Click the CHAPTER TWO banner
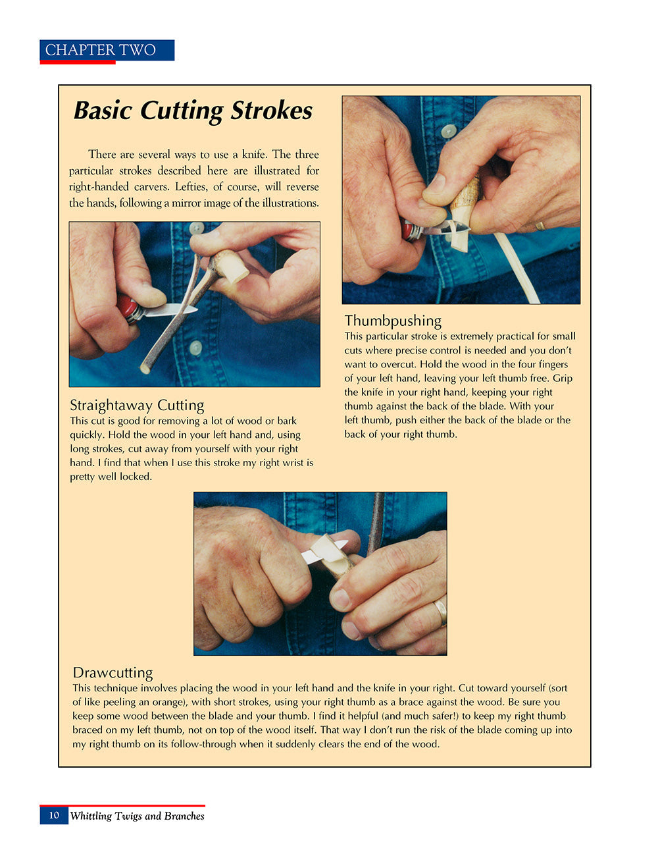[107, 50]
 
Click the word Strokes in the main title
[271, 111]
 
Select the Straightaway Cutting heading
[137, 405]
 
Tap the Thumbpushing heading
[393, 321]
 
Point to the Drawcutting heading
[113, 672]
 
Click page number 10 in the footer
[54, 815]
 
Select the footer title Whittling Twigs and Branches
[137, 816]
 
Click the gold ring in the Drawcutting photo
[440, 612]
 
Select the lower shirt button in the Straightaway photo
[195, 347]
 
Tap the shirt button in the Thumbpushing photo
[449, 131]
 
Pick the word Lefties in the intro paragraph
[191, 187]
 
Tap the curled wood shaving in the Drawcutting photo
[329, 549]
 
